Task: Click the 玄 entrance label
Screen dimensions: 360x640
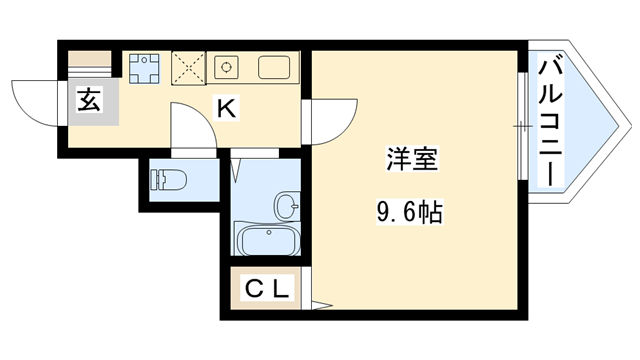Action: pos(88,100)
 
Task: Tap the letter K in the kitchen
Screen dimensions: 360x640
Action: pos(227,108)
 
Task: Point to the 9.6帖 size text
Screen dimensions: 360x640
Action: pos(409,212)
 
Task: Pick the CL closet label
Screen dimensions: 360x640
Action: pos(267,291)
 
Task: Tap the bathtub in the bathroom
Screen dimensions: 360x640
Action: pos(268,240)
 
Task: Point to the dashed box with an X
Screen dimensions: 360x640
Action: pos(189,68)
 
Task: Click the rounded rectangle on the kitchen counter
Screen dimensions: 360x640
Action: pos(274,68)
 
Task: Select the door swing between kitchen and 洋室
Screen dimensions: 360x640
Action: pos(328,120)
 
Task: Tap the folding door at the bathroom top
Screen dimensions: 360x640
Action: pos(237,166)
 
